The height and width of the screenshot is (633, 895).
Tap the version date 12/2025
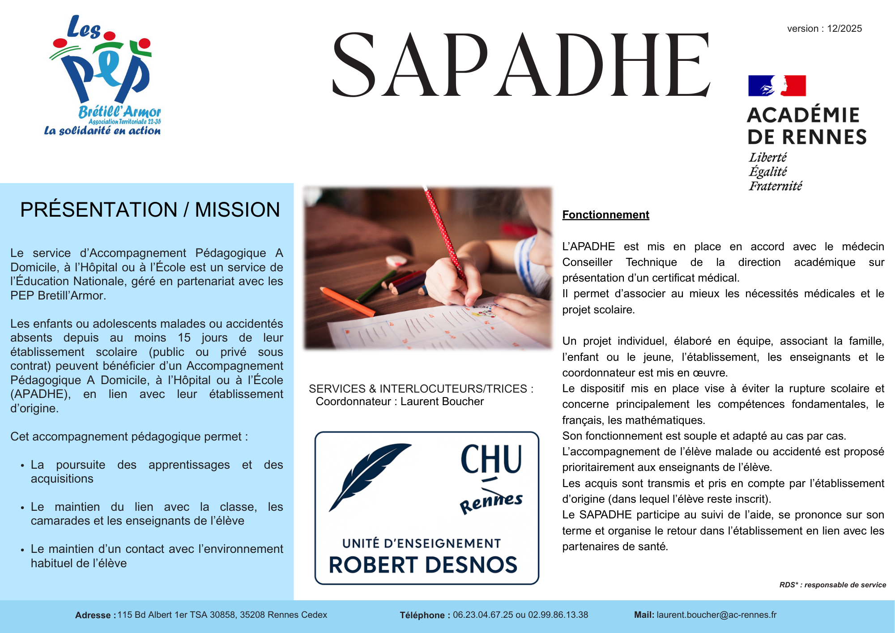844,29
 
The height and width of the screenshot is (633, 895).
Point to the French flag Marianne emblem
777,86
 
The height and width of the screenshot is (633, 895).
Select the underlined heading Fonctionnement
605,215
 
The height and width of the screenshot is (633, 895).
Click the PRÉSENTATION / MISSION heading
150,210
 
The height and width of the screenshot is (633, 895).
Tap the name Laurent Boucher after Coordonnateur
442,402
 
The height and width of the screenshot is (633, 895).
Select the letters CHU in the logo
491,460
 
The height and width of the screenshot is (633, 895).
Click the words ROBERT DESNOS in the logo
423,565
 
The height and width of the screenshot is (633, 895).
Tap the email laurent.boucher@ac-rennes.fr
716,615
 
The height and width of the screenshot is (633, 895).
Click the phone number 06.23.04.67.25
483,615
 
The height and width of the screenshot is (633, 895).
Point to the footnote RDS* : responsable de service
832,585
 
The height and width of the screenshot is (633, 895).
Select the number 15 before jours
184,338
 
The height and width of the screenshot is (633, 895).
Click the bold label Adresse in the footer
95,616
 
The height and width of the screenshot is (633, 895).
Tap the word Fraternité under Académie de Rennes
776,186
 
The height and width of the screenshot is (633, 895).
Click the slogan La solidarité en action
102,131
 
